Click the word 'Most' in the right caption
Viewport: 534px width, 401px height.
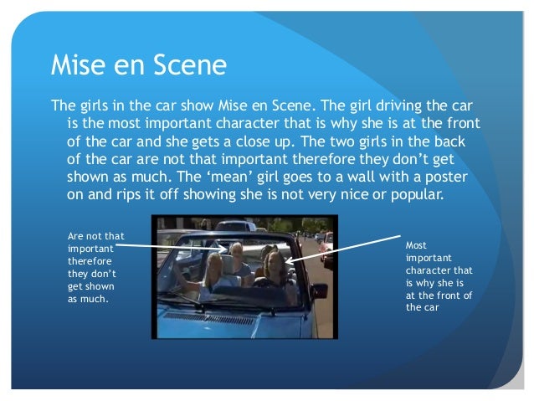tap(415, 246)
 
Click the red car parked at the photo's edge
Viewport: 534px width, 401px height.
tap(327, 244)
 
